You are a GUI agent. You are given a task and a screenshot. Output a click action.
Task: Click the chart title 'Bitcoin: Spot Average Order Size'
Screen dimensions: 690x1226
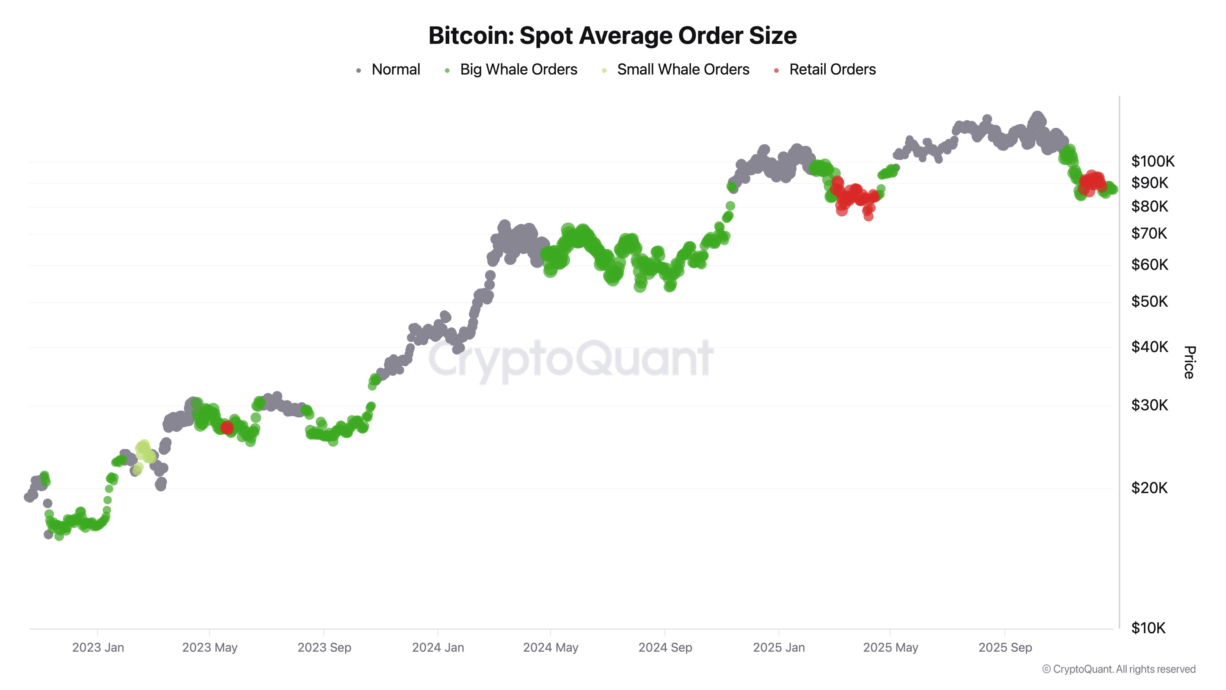(x=612, y=36)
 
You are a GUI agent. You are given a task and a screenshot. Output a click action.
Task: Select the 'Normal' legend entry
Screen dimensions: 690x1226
(x=395, y=70)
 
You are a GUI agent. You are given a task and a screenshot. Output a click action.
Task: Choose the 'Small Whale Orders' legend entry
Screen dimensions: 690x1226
(x=683, y=70)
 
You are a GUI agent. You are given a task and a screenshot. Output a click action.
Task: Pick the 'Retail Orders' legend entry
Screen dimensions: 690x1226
(x=832, y=70)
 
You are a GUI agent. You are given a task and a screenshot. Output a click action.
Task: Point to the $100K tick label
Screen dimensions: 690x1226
(x=1152, y=161)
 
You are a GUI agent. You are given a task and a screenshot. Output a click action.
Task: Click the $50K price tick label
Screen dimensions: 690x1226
(x=1149, y=301)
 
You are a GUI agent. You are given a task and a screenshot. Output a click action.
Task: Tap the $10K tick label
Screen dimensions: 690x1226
(x=1148, y=628)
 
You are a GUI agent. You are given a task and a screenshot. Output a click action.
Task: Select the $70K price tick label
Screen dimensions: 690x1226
(x=1149, y=233)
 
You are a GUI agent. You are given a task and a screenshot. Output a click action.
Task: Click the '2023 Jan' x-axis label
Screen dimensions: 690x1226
(x=98, y=648)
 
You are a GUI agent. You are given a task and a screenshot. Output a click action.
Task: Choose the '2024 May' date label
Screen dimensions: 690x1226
(x=551, y=648)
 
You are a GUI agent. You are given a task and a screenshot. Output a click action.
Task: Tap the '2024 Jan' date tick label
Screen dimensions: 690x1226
(x=438, y=648)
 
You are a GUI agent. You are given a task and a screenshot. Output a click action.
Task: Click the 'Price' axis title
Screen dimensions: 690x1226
(x=1189, y=362)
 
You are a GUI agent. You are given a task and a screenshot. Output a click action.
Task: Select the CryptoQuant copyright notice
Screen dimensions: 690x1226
(x=1118, y=669)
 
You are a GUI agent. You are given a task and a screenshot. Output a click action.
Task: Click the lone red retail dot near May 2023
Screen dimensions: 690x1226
(x=227, y=427)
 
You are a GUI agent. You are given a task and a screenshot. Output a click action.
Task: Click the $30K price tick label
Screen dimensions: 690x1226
(x=1149, y=405)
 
